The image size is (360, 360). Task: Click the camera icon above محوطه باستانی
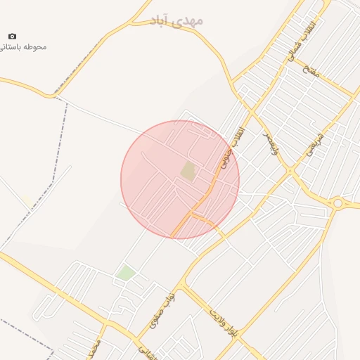[x=12, y=36]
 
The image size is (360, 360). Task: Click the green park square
[x=126, y=273]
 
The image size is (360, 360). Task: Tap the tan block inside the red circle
[x=188, y=170]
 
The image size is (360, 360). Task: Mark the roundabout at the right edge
[x=338, y=203]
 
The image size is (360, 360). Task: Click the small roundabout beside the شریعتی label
[x=291, y=171]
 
